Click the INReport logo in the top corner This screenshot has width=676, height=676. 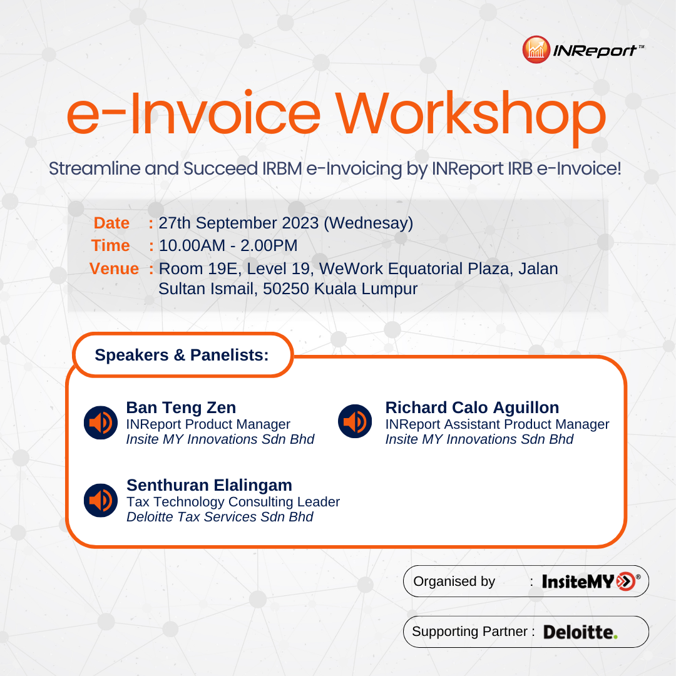click(583, 49)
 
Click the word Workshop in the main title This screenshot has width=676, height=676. click(471, 116)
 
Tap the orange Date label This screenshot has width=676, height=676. click(111, 223)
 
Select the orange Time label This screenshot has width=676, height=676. click(110, 245)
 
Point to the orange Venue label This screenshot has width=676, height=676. click(114, 269)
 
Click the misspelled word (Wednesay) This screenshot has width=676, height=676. click(369, 223)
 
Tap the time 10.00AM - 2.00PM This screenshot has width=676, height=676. click(228, 245)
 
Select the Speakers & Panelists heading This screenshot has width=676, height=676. click(182, 355)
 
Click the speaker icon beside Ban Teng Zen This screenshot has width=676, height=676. click(100, 422)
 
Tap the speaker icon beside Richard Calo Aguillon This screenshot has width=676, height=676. click(355, 421)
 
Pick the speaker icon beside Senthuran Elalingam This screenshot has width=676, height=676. click(100, 500)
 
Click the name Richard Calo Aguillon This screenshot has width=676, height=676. click(472, 407)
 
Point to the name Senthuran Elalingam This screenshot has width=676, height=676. click(209, 486)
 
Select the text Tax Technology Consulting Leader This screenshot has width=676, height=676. click(233, 502)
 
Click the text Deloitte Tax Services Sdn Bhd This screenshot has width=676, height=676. click(220, 516)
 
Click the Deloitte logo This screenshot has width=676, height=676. click(580, 632)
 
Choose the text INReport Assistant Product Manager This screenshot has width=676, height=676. click(497, 424)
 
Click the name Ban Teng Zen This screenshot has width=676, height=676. click(181, 407)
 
